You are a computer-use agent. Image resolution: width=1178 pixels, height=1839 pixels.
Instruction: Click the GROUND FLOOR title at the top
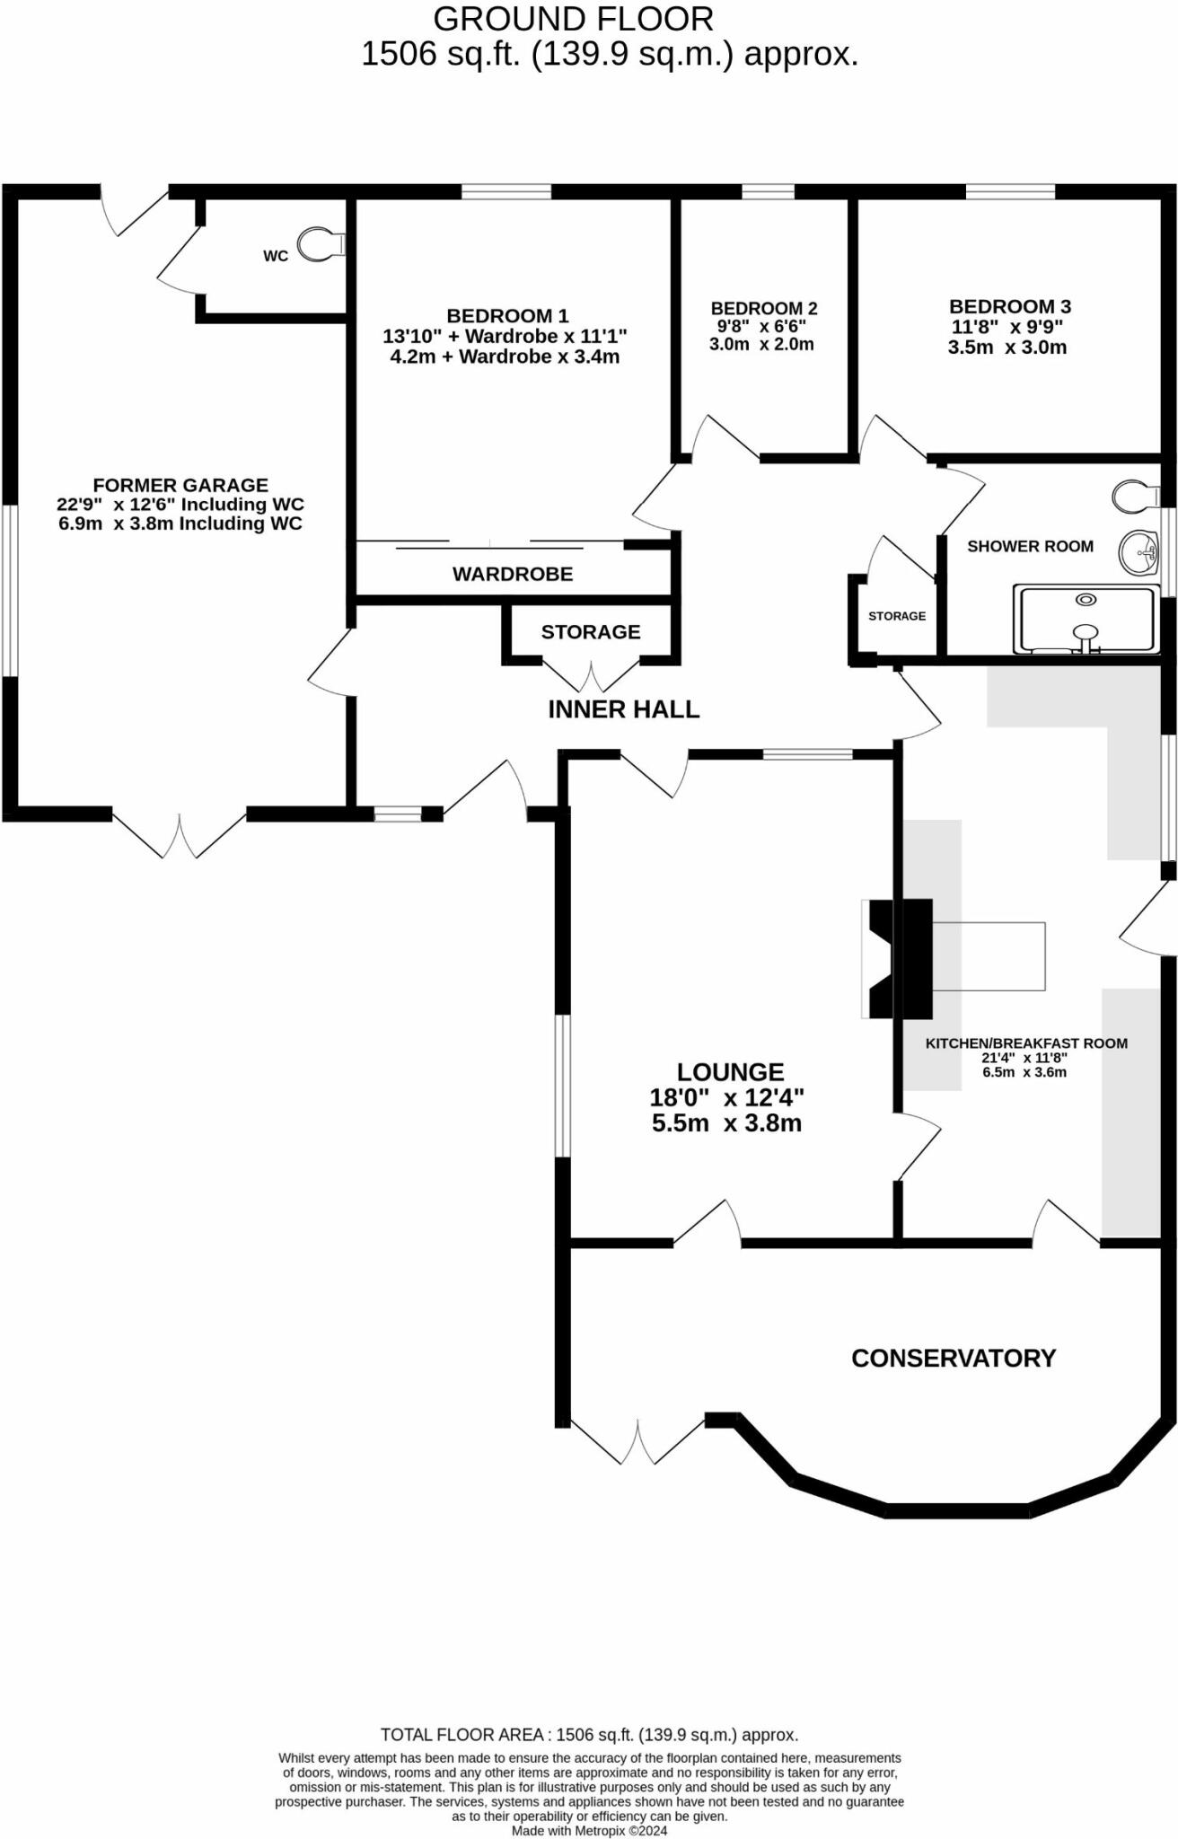click(x=573, y=19)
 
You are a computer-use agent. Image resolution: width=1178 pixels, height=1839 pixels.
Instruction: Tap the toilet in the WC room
click(x=320, y=243)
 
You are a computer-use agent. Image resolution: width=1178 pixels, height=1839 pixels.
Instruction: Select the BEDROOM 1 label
click(x=507, y=316)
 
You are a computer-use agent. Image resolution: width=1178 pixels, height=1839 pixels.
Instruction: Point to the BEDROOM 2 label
click(x=764, y=308)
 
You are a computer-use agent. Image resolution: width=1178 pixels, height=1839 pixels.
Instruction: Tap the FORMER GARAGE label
click(x=180, y=485)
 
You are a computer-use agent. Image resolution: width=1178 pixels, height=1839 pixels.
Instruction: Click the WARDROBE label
click(x=512, y=575)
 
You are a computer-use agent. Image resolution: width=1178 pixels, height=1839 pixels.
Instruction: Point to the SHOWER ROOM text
click(x=1030, y=546)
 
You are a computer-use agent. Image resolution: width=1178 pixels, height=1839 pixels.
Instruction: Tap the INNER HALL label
click(x=623, y=709)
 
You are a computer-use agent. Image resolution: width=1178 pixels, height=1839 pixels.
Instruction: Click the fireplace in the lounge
click(x=880, y=958)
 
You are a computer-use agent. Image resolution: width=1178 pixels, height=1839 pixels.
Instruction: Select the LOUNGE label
click(x=730, y=1072)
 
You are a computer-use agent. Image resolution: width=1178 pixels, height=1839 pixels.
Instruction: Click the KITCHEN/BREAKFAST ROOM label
click(x=1026, y=1043)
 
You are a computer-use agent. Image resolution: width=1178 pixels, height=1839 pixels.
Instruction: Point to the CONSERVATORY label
click(x=953, y=1359)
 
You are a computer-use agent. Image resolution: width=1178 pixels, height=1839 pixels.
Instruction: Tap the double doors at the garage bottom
click(x=180, y=835)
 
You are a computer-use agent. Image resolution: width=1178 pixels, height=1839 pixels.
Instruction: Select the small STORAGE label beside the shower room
click(x=897, y=616)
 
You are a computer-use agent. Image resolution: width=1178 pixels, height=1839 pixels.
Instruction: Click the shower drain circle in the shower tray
click(x=1087, y=600)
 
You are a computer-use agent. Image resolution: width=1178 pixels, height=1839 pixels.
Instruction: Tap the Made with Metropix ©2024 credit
click(x=589, y=1831)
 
